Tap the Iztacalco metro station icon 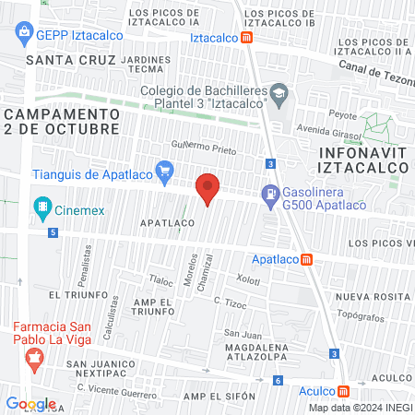(x=247, y=38)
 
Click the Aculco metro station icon (x=343, y=390)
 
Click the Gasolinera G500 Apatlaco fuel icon (x=270, y=195)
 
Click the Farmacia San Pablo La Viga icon (x=34, y=360)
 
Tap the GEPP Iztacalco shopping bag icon (x=25, y=34)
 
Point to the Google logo (x=31, y=403)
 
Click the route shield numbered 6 (x=278, y=380)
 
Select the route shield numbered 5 (x=54, y=233)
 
